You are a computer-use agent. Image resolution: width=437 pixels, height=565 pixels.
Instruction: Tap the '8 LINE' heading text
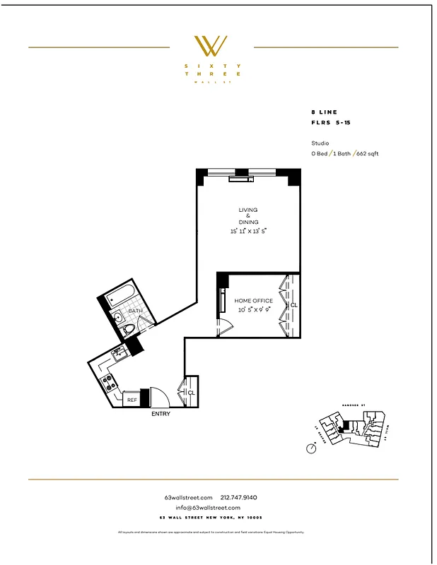pos(325,112)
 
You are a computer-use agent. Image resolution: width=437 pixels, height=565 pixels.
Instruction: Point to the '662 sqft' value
pos(367,153)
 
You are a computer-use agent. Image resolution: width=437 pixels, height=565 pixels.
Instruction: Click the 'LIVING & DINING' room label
pos(248,216)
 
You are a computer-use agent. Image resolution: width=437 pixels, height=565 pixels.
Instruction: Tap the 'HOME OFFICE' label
pos(253,301)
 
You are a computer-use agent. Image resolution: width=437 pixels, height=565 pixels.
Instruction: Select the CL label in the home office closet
pos(293,305)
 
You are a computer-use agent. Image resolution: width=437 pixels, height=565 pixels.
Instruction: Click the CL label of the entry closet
pos(191,393)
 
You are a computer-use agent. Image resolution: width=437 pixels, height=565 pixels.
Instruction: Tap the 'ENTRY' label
pos(161,414)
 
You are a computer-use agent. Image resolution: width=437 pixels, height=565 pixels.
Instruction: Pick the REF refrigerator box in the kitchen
pos(132,400)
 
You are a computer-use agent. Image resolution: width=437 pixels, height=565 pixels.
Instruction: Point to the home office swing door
pos(223,326)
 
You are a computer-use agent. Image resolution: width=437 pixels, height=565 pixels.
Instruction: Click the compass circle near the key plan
pos(312,448)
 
